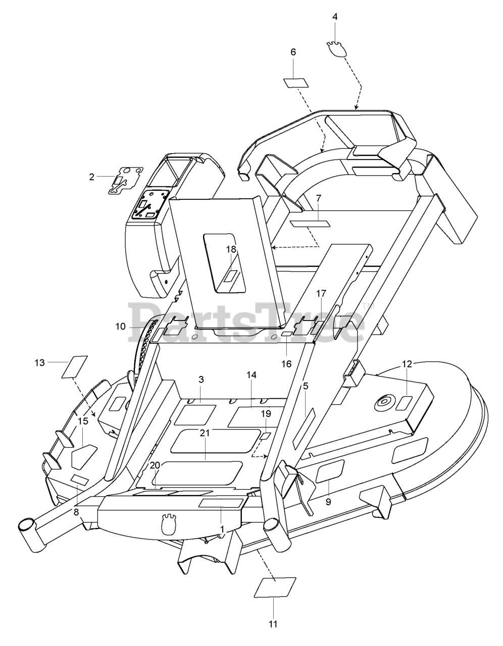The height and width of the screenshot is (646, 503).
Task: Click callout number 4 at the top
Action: pos(335,17)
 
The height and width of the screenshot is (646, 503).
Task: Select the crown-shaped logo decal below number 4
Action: pos(335,49)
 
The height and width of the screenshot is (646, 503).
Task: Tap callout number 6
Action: pos(293,52)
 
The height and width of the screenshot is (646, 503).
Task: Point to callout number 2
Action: pos(91,177)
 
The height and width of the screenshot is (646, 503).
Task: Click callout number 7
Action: pos(318,198)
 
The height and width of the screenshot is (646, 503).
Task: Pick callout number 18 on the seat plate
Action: pos(231,249)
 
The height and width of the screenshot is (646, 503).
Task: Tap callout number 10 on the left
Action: pos(120,327)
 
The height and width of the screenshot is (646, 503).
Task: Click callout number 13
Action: pos(39,362)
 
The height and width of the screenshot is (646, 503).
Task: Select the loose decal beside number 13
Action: pos(74,366)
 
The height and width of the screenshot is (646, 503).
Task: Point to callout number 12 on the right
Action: pos(407,363)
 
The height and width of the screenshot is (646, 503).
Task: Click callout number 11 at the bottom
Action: pos(273,624)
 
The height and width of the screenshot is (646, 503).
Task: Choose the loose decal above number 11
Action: pos(275,587)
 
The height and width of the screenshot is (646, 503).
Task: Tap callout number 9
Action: pos(328,501)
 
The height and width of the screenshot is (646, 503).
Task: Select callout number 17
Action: pos(321,293)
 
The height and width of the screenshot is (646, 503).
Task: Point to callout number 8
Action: pos(76,512)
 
